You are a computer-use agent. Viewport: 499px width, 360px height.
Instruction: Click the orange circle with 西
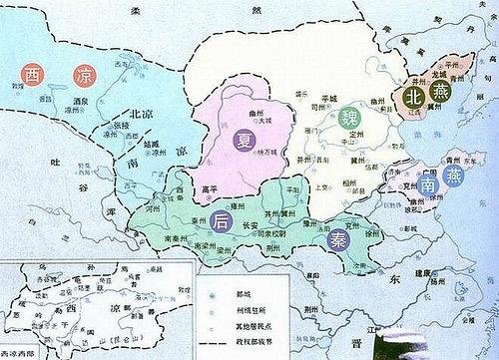click(32, 75)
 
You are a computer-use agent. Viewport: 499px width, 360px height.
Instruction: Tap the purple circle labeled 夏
click(246, 142)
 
